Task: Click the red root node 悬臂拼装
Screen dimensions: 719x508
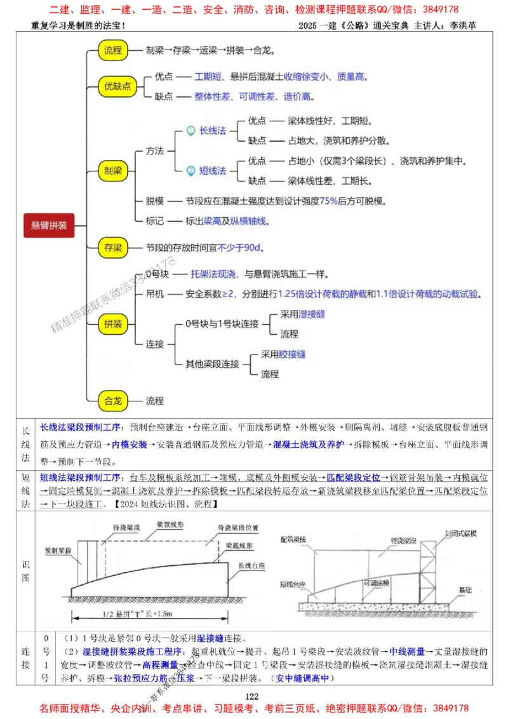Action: pos(50,225)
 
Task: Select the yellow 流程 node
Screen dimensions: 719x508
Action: pos(114,50)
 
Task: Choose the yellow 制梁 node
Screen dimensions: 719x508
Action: pos(114,170)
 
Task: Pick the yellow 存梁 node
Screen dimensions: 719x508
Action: pos(114,248)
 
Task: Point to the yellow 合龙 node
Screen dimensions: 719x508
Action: pos(114,401)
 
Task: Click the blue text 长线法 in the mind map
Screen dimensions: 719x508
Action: pos(213,131)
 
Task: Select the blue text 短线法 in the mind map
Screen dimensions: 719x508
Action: pos(213,171)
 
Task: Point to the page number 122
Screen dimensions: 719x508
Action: pos(253,696)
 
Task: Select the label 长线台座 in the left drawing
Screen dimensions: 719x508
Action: pos(250,565)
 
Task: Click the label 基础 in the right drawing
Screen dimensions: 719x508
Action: pos(467,590)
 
